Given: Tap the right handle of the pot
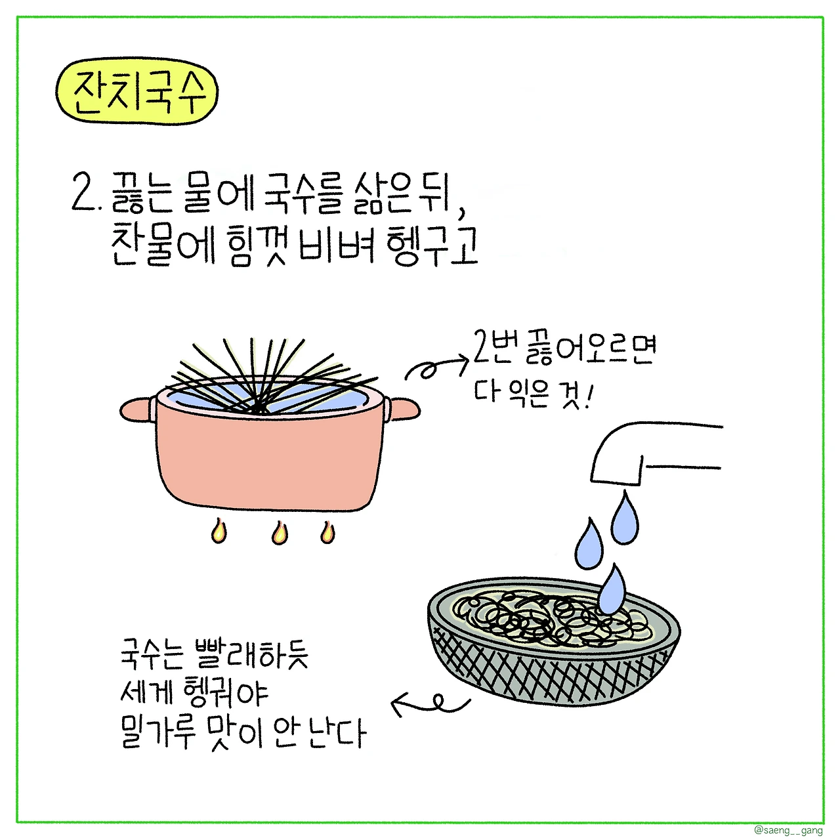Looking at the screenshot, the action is point(403,409).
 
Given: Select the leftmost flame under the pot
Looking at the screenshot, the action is point(219,532).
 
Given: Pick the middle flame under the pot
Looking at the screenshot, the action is point(280,533).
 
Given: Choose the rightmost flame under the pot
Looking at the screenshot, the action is point(327,532).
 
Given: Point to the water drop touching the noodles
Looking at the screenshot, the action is point(612,589).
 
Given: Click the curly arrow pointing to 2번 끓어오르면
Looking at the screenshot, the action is point(436,367).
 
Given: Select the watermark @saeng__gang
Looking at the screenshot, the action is point(788,829).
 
